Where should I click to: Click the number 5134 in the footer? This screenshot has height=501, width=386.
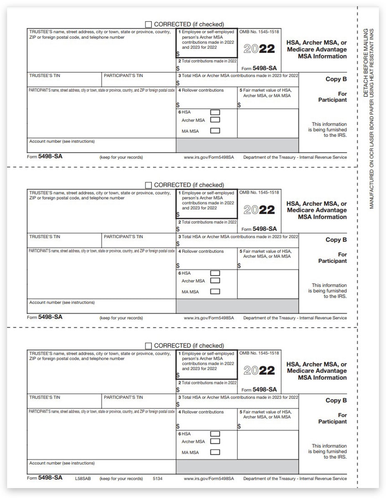point(157,478)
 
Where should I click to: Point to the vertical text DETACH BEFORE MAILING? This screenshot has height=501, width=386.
point(366,63)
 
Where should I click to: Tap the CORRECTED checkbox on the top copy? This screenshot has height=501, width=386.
point(148,24)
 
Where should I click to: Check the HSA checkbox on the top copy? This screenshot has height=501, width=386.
point(215,112)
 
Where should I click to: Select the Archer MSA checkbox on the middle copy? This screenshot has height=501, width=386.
point(215,281)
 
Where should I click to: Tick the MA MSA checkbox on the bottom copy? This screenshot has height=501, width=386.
point(215,452)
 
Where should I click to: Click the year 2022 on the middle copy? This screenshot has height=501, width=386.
point(259,210)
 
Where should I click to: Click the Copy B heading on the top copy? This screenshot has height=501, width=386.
point(336,79)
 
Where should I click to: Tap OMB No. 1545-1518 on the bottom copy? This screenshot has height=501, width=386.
point(259,353)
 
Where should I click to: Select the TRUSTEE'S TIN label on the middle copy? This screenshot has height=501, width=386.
point(45,237)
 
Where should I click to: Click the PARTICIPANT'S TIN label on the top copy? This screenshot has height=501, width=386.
point(123,76)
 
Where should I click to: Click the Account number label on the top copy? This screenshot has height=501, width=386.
point(62,142)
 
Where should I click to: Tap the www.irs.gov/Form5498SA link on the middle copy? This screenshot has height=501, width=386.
point(209,318)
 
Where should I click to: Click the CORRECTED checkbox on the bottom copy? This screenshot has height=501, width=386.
point(148,346)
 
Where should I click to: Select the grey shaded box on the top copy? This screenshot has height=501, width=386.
point(237,145)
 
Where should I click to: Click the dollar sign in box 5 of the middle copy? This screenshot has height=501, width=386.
point(239,266)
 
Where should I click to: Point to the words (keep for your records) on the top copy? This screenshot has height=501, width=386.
point(121,157)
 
